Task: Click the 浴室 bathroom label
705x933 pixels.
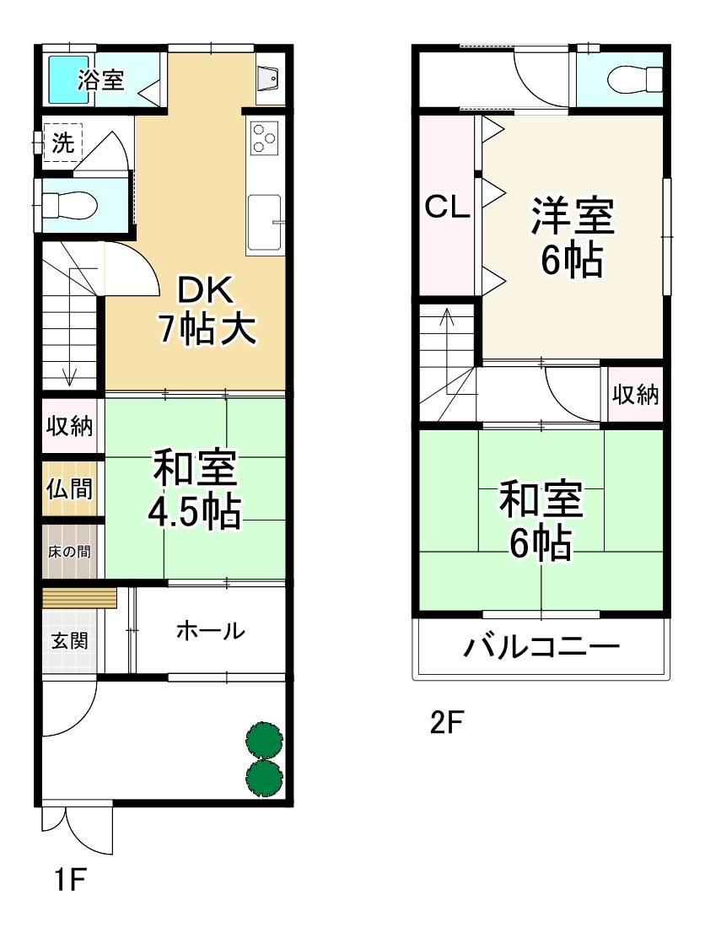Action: pyautogui.click(x=101, y=80)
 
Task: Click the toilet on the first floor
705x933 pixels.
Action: pyautogui.click(x=69, y=203)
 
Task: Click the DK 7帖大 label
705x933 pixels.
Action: pyautogui.click(x=205, y=310)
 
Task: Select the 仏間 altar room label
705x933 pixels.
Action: pyautogui.click(x=70, y=489)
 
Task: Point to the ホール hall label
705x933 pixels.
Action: pyautogui.click(x=210, y=630)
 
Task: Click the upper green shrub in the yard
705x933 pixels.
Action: pyautogui.click(x=264, y=738)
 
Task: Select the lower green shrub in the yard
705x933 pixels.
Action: pyautogui.click(x=264, y=776)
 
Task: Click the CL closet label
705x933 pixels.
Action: pyautogui.click(x=447, y=207)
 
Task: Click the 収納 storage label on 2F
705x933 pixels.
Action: pyautogui.click(x=635, y=395)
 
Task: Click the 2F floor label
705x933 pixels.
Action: pyautogui.click(x=447, y=723)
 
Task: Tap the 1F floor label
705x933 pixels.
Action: pyautogui.click(x=71, y=882)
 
